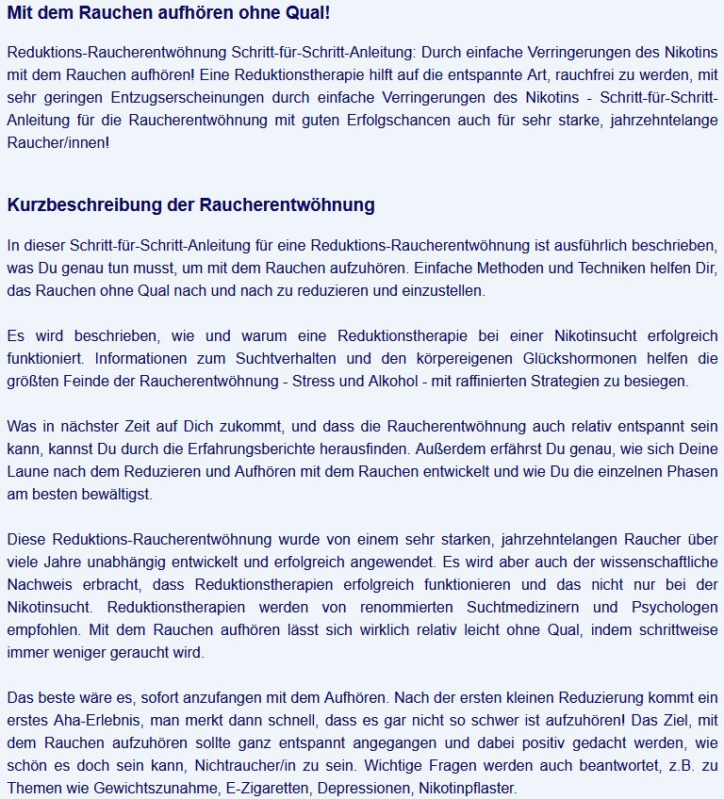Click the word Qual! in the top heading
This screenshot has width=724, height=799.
(x=305, y=14)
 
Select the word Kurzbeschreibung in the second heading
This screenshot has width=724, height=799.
(x=73, y=204)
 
